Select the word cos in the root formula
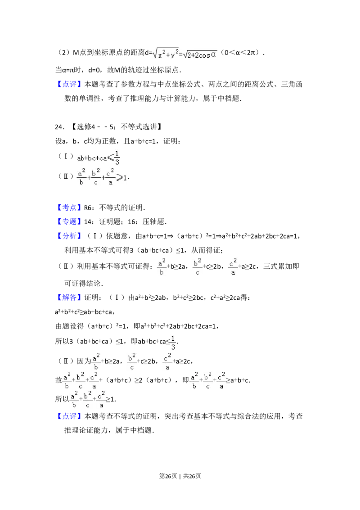tap(205, 56)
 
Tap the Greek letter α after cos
tap(214, 56)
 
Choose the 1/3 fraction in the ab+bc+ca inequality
tap(117, 157)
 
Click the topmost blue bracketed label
tap(70, 85)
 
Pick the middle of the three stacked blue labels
tap(70, 221)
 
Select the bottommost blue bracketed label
tap(70, 416)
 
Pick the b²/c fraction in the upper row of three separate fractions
tap(198, 266)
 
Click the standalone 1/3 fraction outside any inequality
tap(173, 342)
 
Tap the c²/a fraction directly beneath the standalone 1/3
tap(167, 361)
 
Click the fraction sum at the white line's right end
tap(207, 382)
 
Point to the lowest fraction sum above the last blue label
tap(88, 400)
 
